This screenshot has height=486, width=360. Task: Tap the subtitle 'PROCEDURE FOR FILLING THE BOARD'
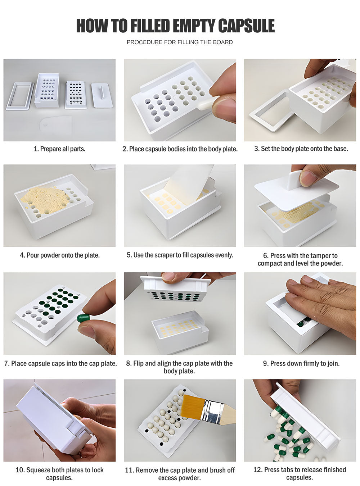coord(180,42)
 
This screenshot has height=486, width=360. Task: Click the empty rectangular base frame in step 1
coord(20,96)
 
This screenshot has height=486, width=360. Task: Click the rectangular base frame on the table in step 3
coord(269,112)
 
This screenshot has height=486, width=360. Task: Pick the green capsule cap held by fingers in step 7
coord(83,318)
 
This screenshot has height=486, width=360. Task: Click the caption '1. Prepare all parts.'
coord(59,149)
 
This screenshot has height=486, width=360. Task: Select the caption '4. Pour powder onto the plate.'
coord(60,255)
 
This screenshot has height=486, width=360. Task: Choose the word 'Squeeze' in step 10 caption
coord(38,470)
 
